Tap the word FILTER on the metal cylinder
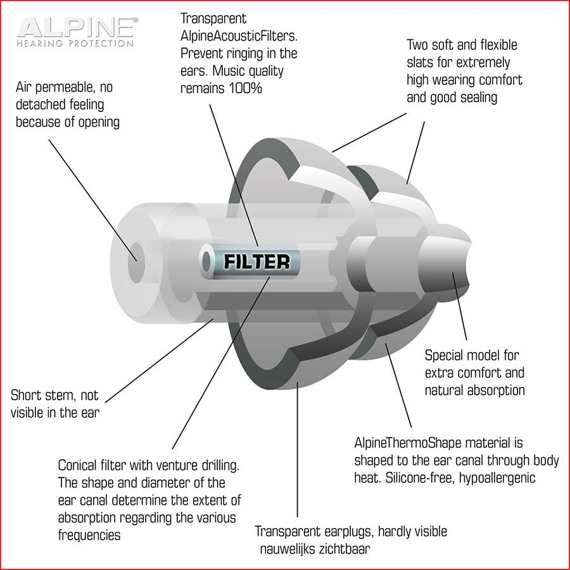[x=257, y=262]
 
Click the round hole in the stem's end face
[x=136, y=262]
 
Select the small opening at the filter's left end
[x=206, y=262]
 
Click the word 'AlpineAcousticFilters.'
[x=239, y=36]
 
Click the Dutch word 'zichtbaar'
[x=345, y=548]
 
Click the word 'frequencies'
[x=89, y=535]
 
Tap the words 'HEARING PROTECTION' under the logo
[x=75, y=43]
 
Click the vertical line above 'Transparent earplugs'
[x=298, y=449]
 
